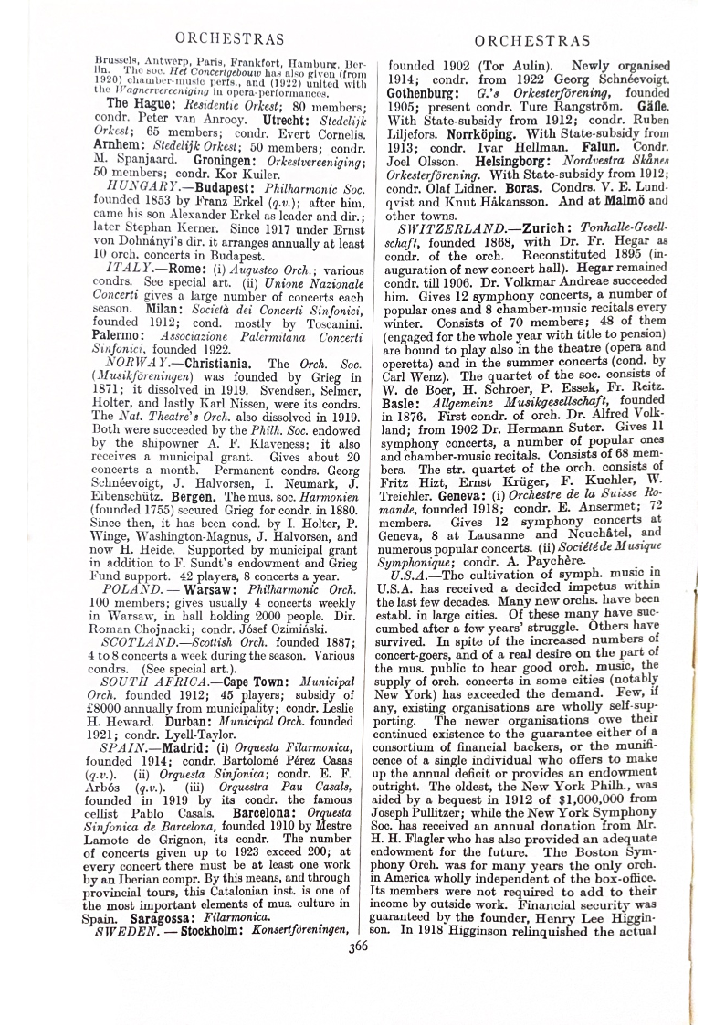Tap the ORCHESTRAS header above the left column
228,38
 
